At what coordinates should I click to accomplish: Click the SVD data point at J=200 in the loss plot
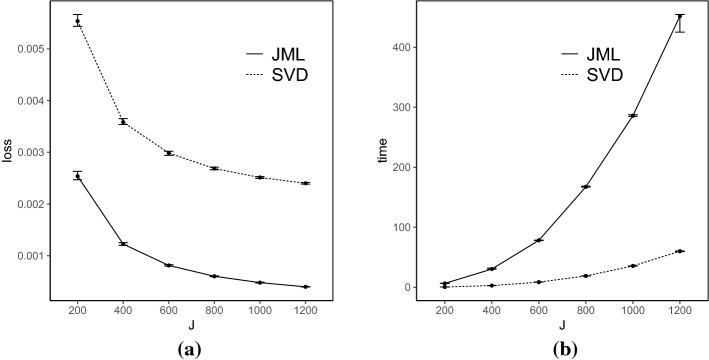(77, 21)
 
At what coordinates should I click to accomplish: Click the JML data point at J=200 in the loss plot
(77, 176)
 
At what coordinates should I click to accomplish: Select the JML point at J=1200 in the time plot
(680, 17)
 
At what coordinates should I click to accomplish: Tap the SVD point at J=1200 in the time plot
(680, 251)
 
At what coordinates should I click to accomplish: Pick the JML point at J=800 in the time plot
(586, 187)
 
